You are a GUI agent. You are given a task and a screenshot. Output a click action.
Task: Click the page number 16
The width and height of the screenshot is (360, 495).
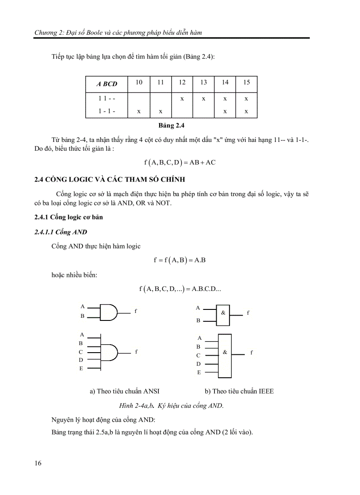point(37,463)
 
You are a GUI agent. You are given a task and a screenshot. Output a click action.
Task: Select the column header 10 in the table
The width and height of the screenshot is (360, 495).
point(139,82)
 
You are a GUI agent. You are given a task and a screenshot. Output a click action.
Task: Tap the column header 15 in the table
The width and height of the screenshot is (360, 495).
point(246,82)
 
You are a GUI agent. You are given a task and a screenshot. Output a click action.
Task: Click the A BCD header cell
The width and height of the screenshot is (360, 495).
point(107,84)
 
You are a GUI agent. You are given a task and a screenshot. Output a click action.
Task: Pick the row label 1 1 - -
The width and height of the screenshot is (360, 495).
point(107,99)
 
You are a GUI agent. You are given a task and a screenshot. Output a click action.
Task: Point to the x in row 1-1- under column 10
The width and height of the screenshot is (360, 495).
point(139,112)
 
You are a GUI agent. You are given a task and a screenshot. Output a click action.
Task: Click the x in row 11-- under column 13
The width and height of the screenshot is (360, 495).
point(203,99)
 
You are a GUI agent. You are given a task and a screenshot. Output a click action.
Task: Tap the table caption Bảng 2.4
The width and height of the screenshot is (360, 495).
point(172,126)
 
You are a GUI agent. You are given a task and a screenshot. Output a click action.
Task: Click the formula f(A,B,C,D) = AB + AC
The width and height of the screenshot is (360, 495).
point(180,162)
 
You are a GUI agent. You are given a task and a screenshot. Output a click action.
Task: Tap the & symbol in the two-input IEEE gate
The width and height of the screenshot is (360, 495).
point(223,312)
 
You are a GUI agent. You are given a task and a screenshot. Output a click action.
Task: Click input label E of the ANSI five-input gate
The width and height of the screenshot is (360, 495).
point(81,368)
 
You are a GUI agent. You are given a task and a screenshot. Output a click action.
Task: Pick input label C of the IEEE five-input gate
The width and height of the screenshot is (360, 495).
point(199,355)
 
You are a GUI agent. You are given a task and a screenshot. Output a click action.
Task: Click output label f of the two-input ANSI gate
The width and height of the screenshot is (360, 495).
point(136,311)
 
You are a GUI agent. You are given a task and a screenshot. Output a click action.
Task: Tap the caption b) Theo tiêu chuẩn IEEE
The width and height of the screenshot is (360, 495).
point(239,391)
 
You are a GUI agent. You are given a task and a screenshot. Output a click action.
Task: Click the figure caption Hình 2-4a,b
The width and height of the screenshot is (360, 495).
point(172,406)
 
